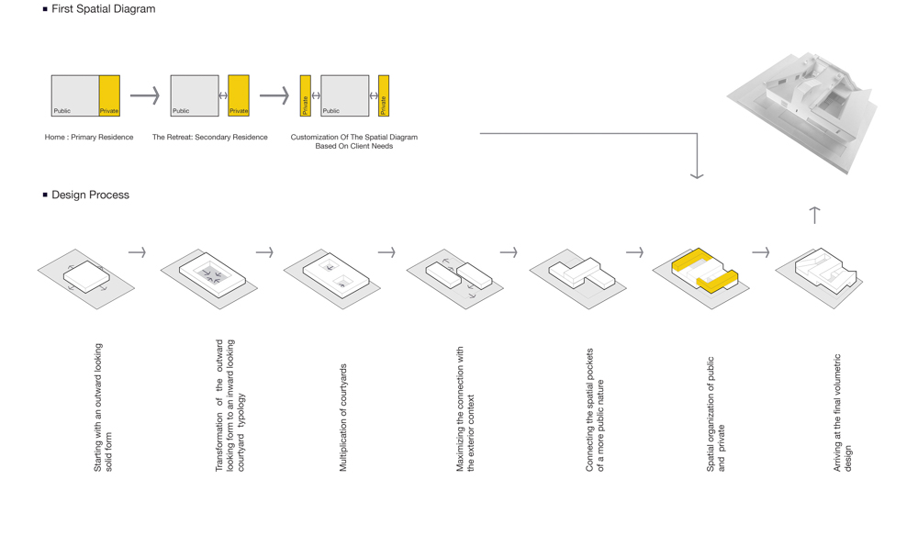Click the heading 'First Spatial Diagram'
pos(103,9)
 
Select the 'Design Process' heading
pos(90,195)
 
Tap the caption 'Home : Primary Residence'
pos(89,137)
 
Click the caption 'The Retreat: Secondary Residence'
pos(209,137)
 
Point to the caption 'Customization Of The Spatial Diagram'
pos(354,137)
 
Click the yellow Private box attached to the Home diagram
pos(109,95)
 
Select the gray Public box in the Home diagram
pos(75,95)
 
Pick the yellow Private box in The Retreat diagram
pos(239,95)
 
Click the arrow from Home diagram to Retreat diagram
pos(145,95)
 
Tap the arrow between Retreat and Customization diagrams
pos(274,95)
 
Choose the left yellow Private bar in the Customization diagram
pos(305,95)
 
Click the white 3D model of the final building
pos(802,111)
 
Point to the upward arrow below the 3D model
pos(814,215)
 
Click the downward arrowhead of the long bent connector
pos(697,175)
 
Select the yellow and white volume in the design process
pos(705,271)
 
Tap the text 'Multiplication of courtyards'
pos(343,418)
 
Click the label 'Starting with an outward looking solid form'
pos(103,407)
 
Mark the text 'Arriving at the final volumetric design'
pos(843,413)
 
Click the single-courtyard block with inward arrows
pos(213,274)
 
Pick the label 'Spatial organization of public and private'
pos(715,414)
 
